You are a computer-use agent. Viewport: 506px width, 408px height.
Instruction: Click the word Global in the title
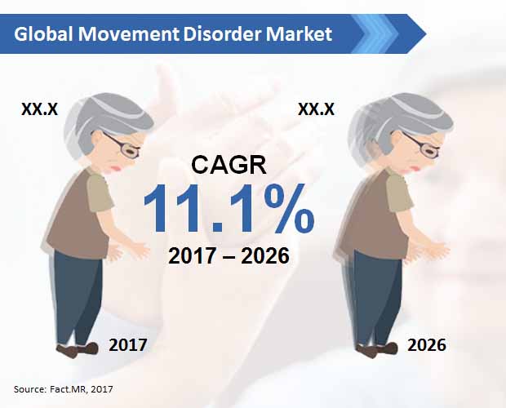pos(43,34)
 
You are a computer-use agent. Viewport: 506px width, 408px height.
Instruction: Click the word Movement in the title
pos(128,34)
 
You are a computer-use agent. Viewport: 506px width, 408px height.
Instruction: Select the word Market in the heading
pos(299,34)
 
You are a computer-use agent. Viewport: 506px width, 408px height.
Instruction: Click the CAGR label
pos(229,165)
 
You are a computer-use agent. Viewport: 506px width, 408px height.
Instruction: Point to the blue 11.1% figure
pos(229,208)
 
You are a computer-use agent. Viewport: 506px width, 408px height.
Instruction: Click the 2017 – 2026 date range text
pos(229,255)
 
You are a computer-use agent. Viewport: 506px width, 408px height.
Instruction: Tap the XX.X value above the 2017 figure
pos(39,109)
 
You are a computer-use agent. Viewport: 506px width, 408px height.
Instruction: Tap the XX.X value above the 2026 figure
pos(316,109)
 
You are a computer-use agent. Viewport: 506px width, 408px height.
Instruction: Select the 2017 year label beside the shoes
pos(128,345)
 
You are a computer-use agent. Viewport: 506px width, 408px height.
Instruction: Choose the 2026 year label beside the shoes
pos(427,345)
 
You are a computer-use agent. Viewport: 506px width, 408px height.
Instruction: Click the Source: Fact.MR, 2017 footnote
pos(64,389)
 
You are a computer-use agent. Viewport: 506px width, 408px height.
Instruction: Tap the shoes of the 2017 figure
pos(78,349)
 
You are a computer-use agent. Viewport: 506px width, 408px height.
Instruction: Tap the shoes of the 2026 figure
pos(376,349)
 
